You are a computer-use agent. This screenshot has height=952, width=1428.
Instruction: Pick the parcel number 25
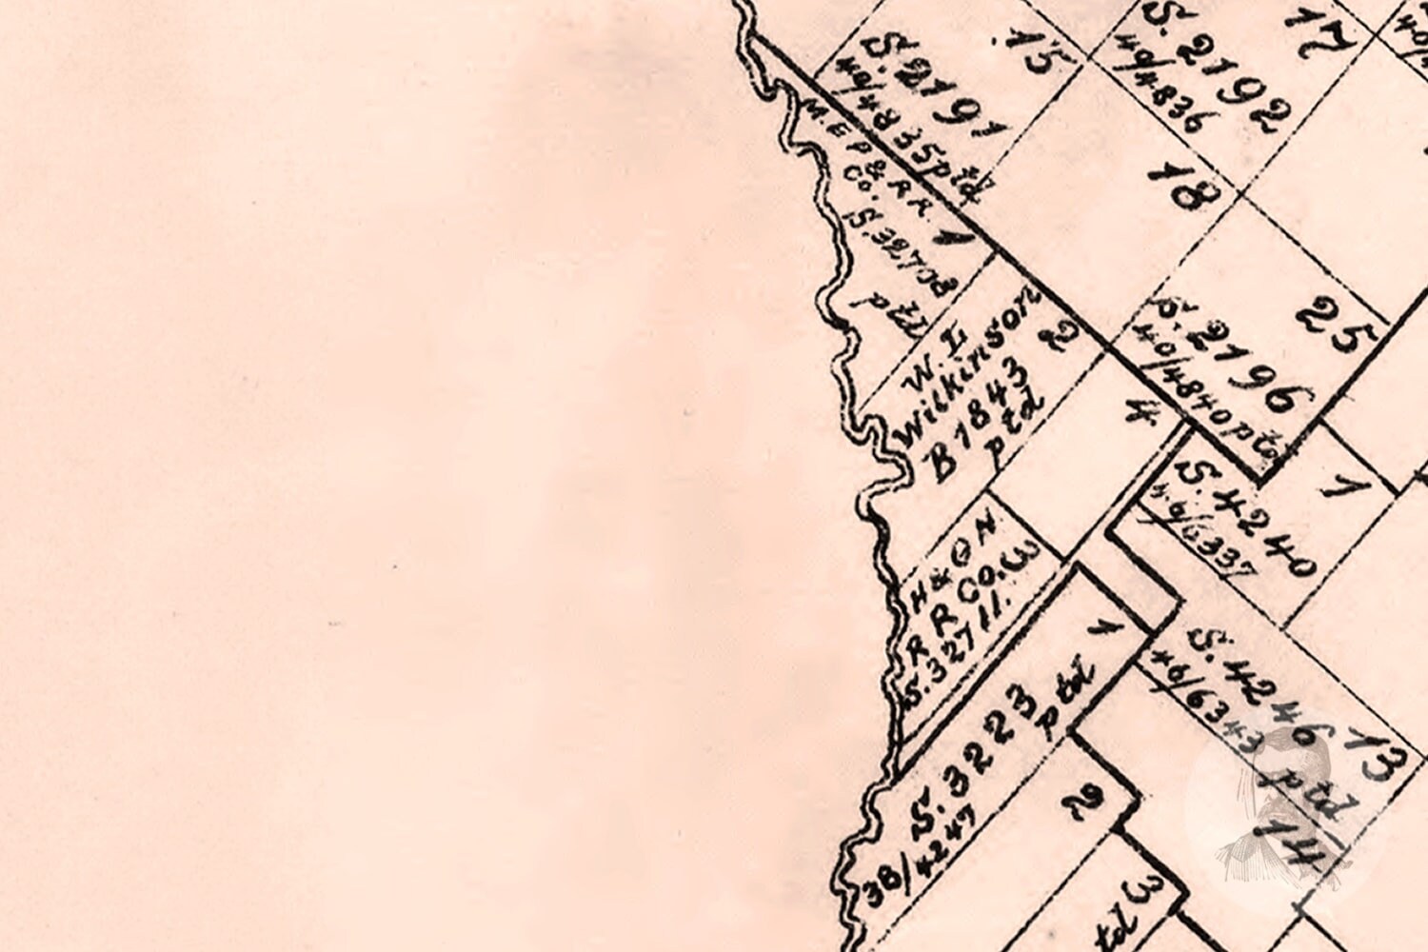tap(1337, 325)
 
